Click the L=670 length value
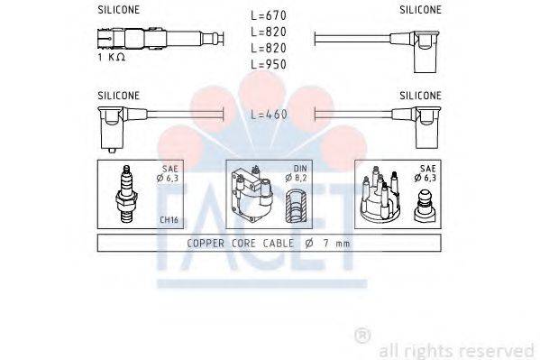point(269,16)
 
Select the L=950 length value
point(269,65)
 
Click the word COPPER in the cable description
point(207,243)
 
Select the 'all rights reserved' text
point(456,349)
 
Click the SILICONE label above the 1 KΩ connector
point(118,10)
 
